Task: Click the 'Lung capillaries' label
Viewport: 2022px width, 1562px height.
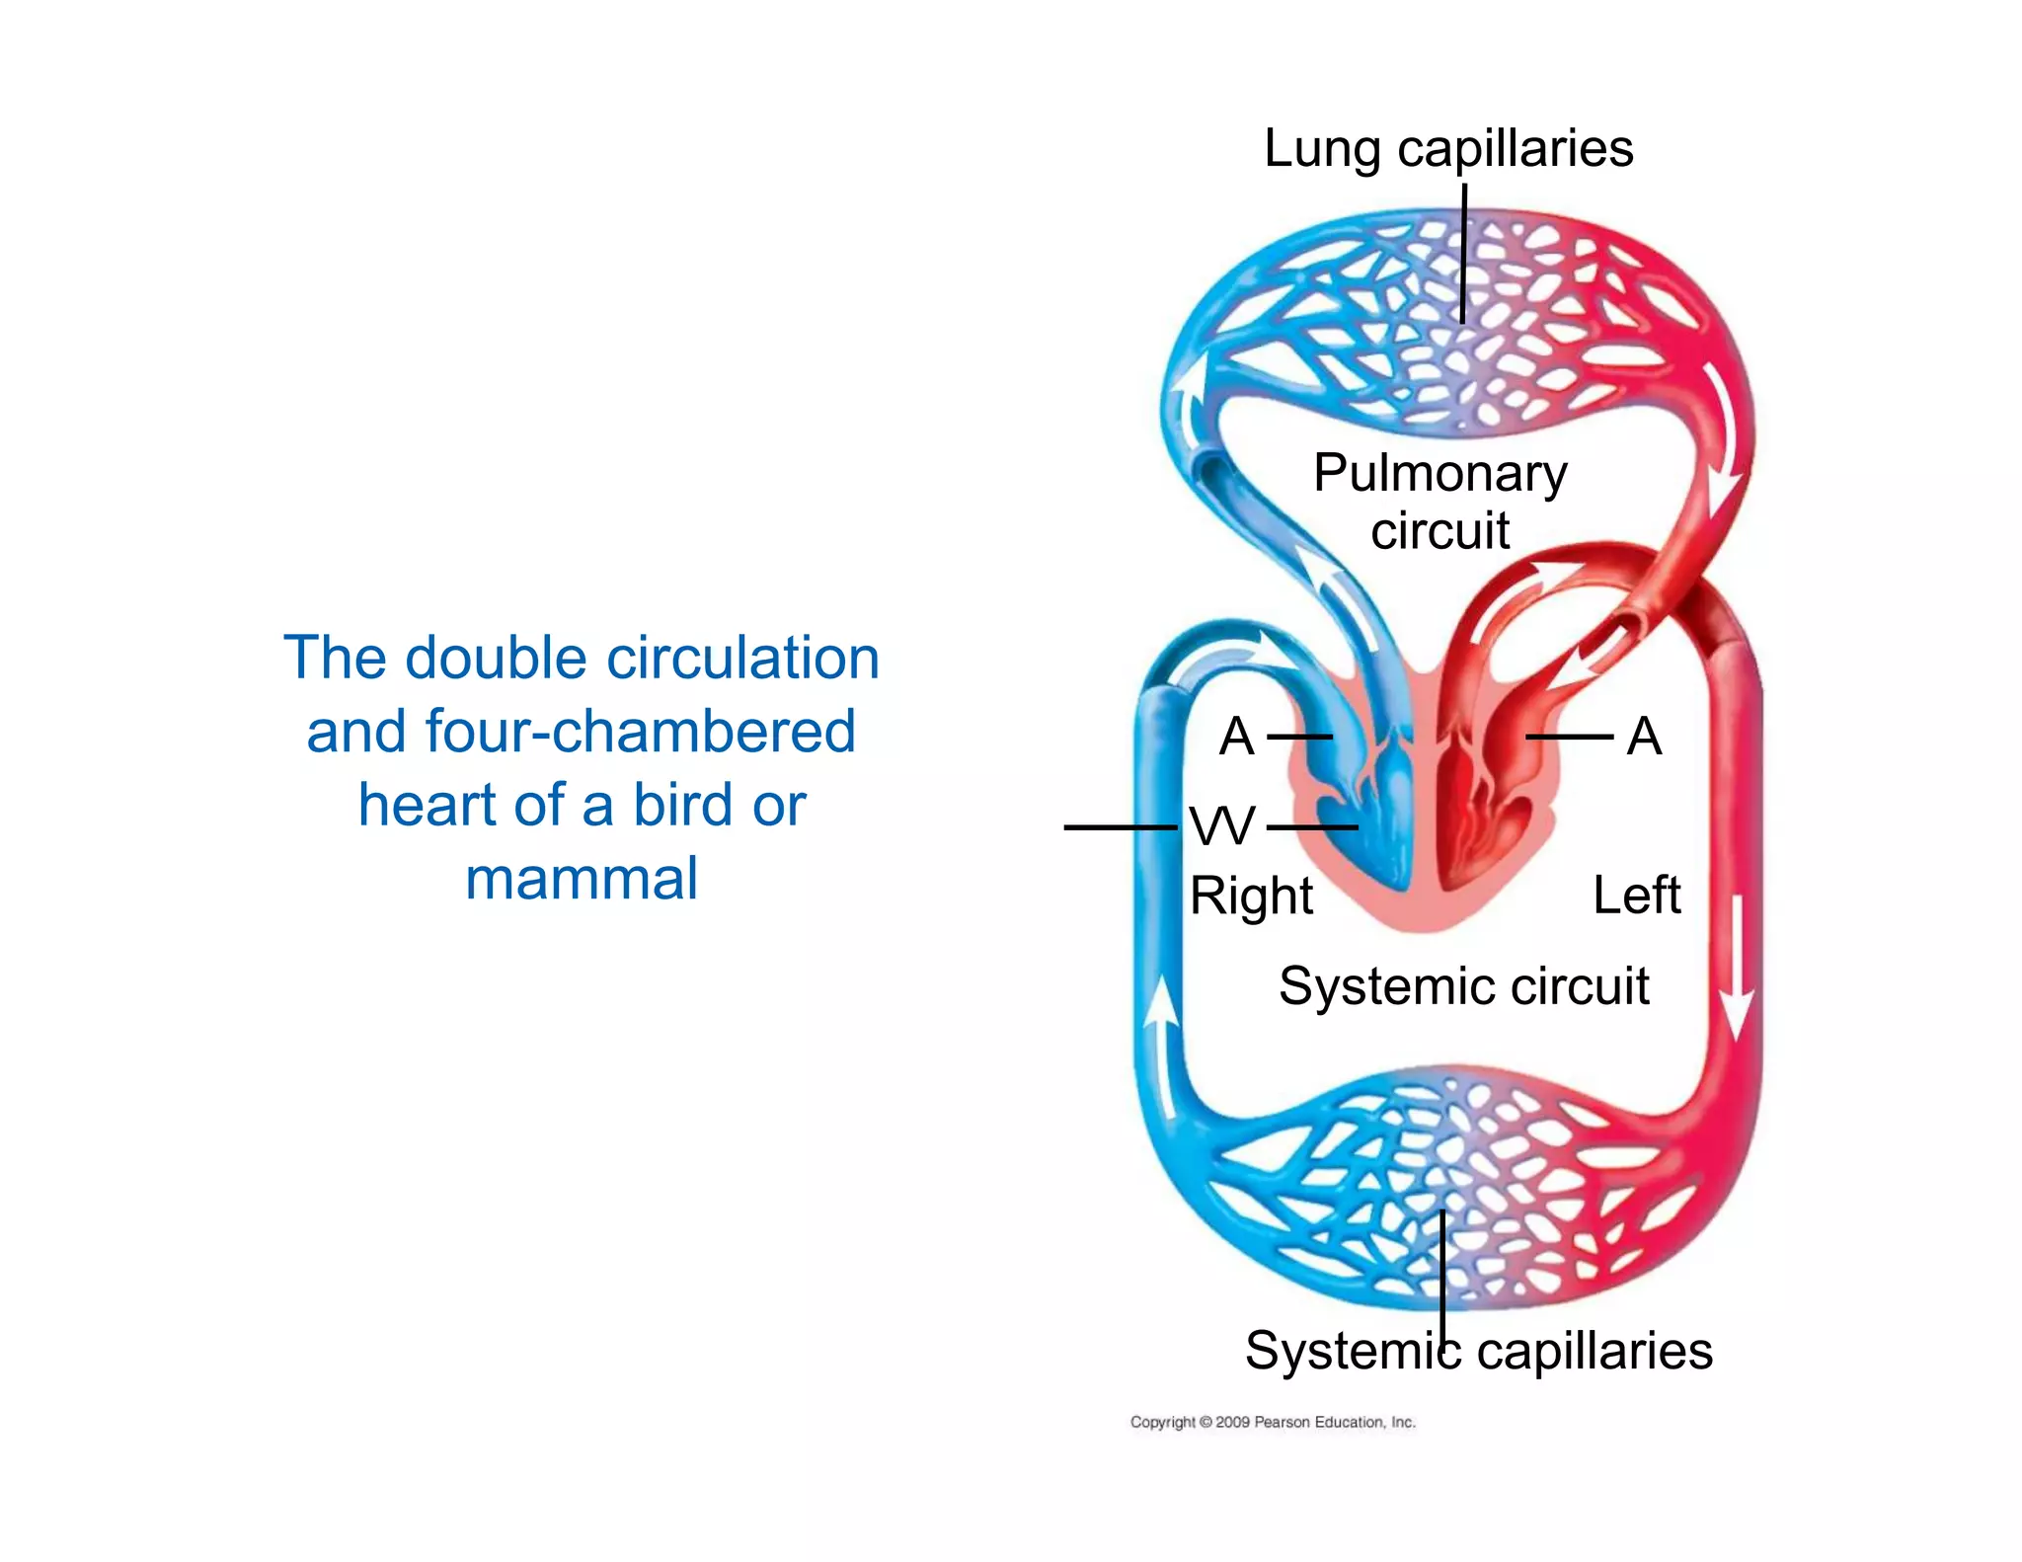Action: tap(1447, 150)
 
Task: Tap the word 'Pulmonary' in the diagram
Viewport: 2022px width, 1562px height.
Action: tap(1439, 473)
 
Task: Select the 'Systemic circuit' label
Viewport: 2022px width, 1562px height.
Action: tap(1463, 985)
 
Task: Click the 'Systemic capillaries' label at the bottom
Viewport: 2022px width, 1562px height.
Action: tap(1478, 1351)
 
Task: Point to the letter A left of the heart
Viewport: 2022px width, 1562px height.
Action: tap(1236, 737)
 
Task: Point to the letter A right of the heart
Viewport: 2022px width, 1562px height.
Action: tap(1644, 737)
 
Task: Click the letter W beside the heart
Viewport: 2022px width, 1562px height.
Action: tap(1222, 826)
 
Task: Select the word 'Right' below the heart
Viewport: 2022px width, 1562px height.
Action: tap(1250, 897)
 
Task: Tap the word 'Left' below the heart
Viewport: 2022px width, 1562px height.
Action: tap(1636, 896)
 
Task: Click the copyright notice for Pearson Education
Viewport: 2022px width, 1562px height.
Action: tap(1272, 1422)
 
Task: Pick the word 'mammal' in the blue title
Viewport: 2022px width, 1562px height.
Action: tap(582, 879)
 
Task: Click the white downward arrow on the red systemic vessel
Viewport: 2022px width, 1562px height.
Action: tap(1737, 968)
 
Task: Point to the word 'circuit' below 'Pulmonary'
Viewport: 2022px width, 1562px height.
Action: tap(1439, 531)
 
